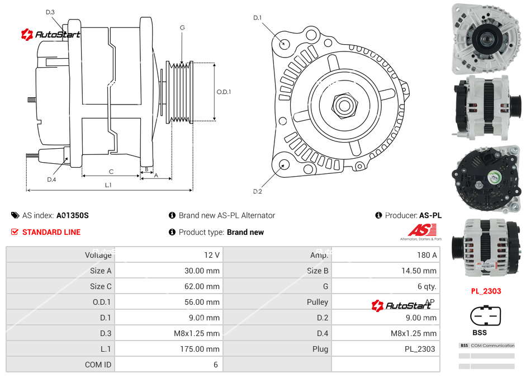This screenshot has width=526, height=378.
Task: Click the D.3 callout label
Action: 50,12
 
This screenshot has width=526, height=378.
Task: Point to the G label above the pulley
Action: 182,27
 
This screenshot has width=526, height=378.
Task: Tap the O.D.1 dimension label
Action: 224,92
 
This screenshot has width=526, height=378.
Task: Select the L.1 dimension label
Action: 108,185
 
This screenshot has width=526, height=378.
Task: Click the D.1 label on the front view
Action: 258,18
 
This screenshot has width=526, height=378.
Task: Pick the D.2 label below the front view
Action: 258,191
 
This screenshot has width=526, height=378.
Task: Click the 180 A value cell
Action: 427,255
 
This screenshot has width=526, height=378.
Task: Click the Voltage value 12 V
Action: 212,255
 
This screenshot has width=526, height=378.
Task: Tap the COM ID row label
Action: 98,365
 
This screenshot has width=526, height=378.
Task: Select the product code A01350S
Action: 73,215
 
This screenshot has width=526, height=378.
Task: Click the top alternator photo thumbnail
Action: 486,39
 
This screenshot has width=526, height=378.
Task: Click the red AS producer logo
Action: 422,230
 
